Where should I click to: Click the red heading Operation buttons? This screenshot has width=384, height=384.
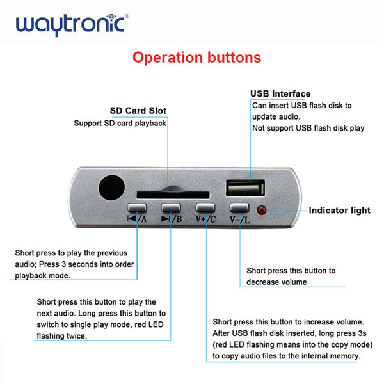point(196,58)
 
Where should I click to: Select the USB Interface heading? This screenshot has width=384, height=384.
point(280,93)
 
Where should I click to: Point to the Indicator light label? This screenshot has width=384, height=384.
point(339,210)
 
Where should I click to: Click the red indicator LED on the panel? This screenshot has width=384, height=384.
point(261,210)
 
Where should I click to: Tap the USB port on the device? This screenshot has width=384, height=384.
point(244,188)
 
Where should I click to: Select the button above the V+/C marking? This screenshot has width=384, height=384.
point(205,207)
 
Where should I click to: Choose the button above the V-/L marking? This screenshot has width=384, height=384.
point(239,207)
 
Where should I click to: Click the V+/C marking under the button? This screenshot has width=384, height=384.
point(206,220)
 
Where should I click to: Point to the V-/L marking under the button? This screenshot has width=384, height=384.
point(240,220)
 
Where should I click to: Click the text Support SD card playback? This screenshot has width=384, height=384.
point(120,123)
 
